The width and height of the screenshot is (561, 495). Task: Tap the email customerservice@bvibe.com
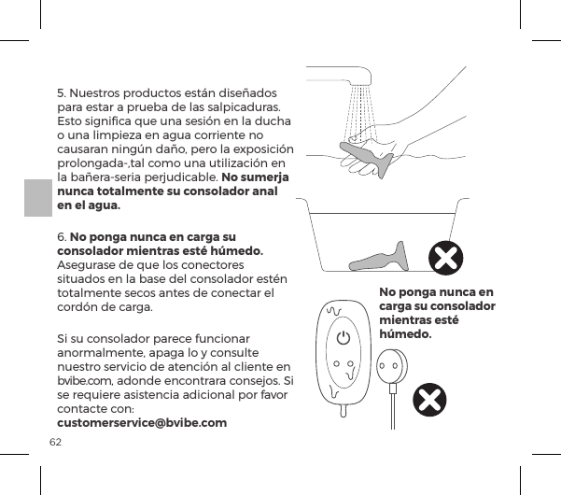click(x=142, y=424)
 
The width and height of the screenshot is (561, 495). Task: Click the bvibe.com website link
click(x=79, y=383)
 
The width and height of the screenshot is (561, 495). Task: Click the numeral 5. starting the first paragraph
click(x=63, y=93)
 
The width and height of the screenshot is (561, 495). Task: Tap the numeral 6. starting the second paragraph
click(x=63, y=235)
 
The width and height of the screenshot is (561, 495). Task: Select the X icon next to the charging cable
click(x=428, y=402)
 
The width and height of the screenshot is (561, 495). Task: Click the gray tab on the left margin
click(x=37, y=205)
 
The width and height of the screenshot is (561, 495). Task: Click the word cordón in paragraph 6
click(x=80, y=308)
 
